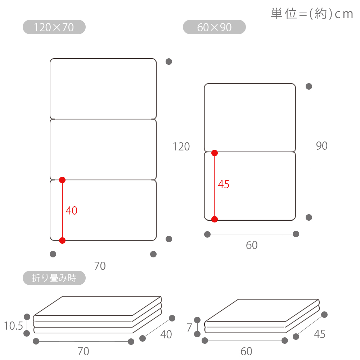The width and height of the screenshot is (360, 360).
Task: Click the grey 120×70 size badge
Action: pos(54,27)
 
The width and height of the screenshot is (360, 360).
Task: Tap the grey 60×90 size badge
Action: pos(214,27)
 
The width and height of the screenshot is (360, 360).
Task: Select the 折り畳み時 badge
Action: pos(54,278)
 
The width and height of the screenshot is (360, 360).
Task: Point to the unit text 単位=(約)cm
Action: pos(312,14)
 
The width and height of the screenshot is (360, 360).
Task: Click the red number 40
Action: pos(71,210)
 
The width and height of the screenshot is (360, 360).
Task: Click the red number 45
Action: pos(224,184)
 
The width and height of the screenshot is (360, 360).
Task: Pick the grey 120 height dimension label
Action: pos(181,147)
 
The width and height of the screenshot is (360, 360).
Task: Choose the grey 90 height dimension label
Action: pos(321,145)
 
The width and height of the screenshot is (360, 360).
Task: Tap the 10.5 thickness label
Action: pos(14,326)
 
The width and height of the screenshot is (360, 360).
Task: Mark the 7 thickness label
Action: pos(189,327)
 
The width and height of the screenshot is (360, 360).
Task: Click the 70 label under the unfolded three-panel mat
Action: pos(100,266)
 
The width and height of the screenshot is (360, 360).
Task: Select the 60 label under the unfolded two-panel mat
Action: pos(252,245)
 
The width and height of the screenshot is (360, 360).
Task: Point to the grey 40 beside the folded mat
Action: pos(166,334)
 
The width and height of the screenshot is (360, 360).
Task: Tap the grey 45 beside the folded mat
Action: pos(320,334)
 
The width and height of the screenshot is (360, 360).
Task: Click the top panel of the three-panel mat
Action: pos(103,89)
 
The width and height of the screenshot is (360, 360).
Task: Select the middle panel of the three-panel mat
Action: pos(103,149)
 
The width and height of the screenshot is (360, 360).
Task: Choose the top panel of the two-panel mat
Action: pos(250,118)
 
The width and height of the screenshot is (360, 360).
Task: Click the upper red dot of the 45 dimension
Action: pos(215,153)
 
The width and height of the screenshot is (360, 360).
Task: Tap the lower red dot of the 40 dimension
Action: pos(62,240)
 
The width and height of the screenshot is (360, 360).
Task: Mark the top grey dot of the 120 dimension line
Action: pos(169,62)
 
